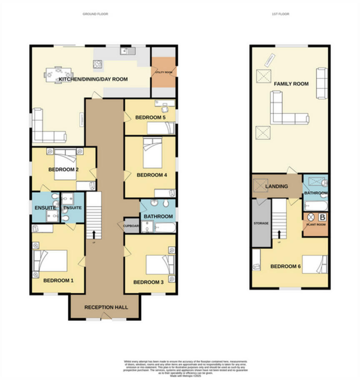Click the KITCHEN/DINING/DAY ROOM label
pyautogui.click(x=93, y=79)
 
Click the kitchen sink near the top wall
pyautogui.click(x=126, y=51)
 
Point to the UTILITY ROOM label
pyautogui.click(x=163, y=72)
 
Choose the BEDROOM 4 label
pyautogui.click(x=152, y=175)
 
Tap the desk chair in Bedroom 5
pyautogui.click(x=166, y=107)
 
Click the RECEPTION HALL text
pyautogui.click(x=106, y=307)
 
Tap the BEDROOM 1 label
pyautogui.click(x=58, y=280)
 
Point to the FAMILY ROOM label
pyautogui.click(x=291, y=84)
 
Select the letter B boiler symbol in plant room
pyautogui.click(x=322, y=217)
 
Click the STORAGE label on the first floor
pyautogui.click(x=261, y=223)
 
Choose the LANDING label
pyautogui.click(x=276, y=186)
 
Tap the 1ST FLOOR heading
pyautogui.click(x=280, y=14)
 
